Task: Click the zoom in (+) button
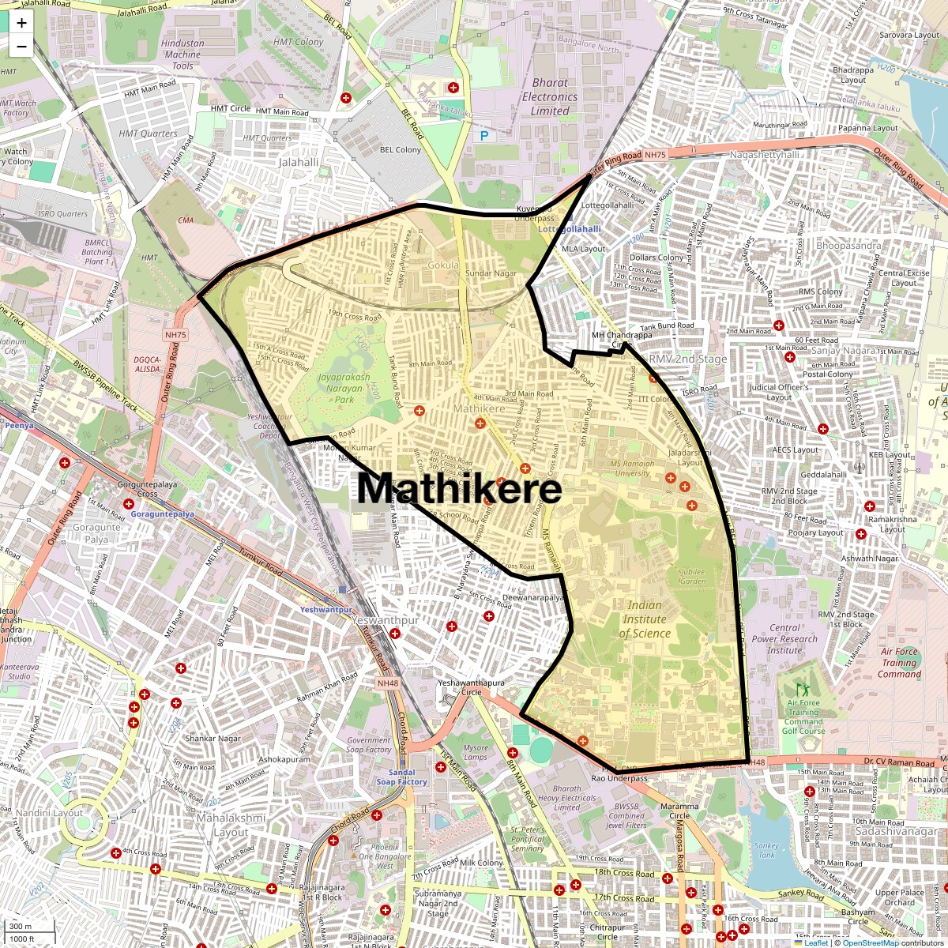click(x=21, y=23)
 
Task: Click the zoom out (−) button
click(x=21, y=46)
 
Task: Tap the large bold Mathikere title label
click(x=459, y=489)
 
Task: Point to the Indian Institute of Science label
click(x=645, y=619)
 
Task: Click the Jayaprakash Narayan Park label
click(x=344, y=388)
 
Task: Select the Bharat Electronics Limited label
click(x=550, y=97)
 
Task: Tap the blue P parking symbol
click(x=484, y=136)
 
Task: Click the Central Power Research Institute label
click(x=784, y=639)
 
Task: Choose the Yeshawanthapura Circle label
click(x=471, y=687)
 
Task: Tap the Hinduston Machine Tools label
click(x=182, y=55)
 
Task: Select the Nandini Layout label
click(x=49, y=813)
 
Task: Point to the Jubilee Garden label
click(x=692, y=576)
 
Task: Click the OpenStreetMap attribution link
click(x=870, y=942)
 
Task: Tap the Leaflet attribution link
click(x=816, y=942)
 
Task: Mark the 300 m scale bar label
click(x=21, y=927)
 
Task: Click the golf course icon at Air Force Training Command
click(x=804, y=690)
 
